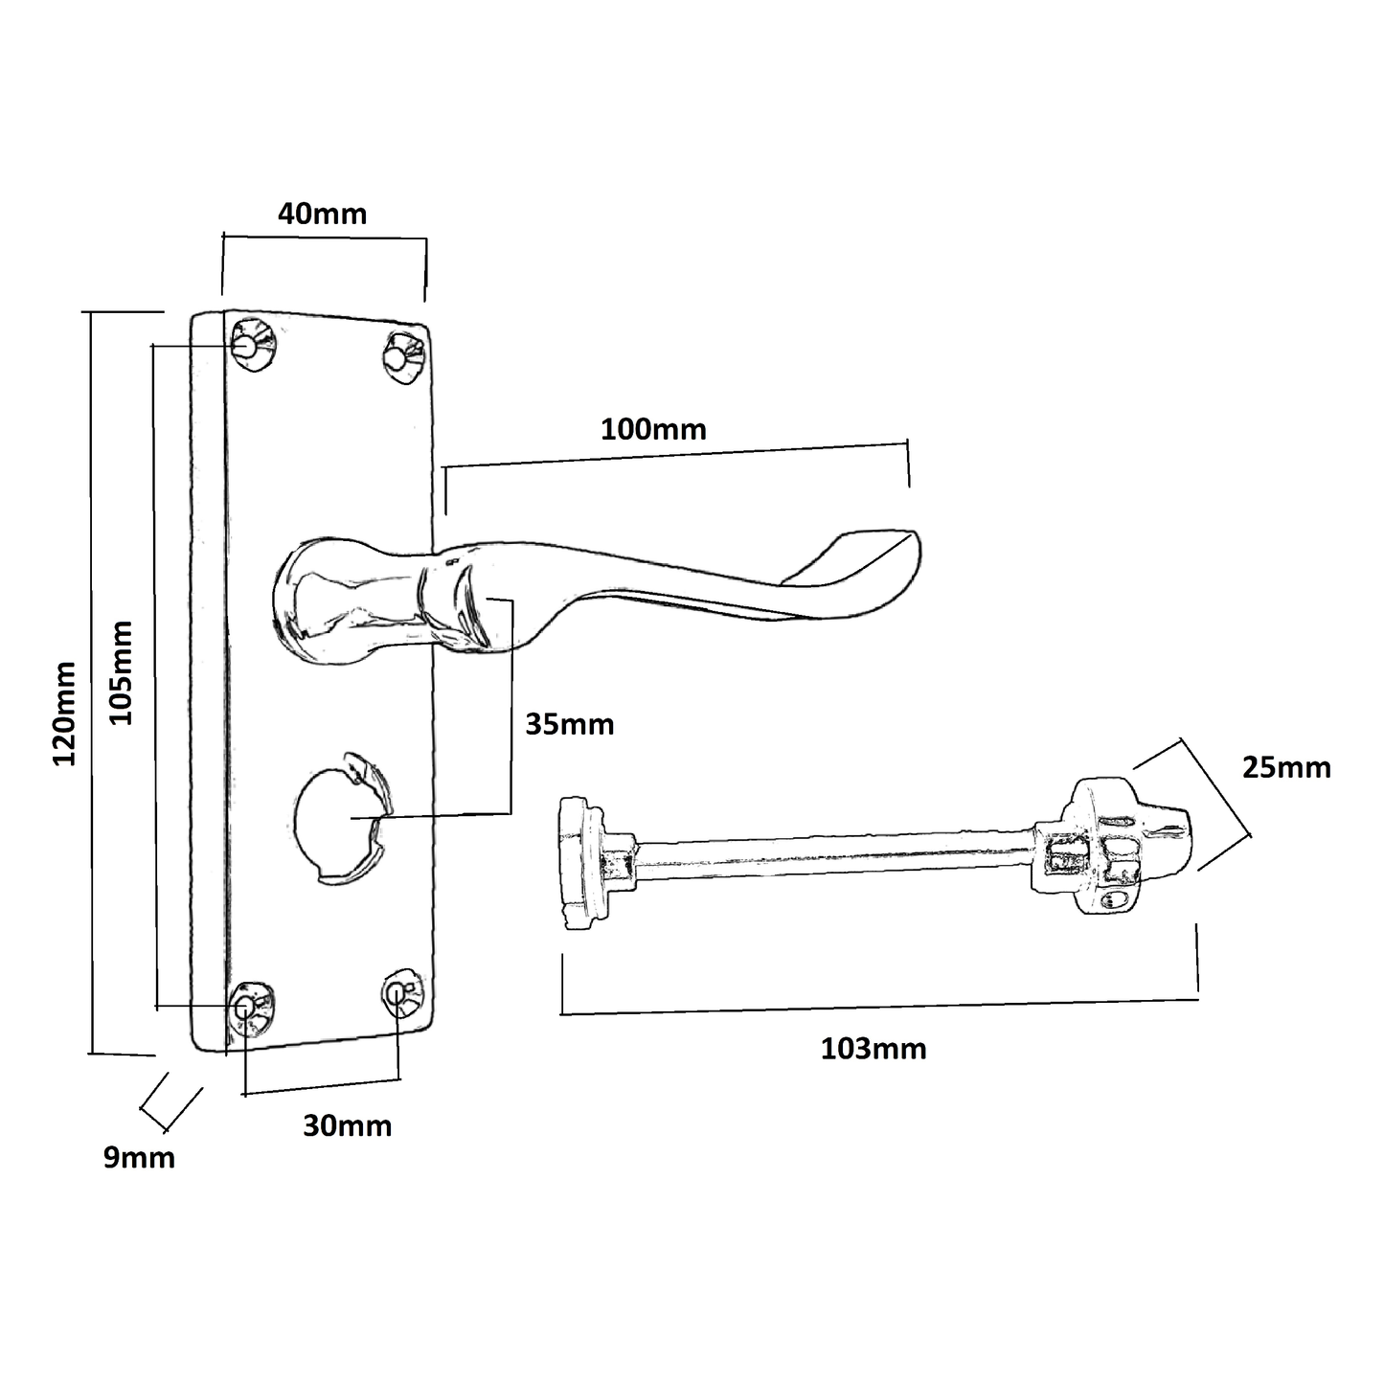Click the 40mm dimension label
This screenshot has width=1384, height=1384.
322,213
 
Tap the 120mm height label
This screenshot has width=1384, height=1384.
64,713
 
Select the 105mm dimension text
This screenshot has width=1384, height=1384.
121,672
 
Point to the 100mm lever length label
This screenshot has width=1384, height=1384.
653,429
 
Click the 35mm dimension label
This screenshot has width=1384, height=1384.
569,724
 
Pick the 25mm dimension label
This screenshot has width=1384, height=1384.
1285,767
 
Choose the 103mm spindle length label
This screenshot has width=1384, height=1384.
873,1049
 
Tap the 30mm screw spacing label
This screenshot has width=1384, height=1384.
347,1125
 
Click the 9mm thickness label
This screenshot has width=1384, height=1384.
139,1158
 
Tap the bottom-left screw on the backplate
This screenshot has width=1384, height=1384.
250,1008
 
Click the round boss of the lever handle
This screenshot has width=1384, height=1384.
316,601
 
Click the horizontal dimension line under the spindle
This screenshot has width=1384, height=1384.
878,1006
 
